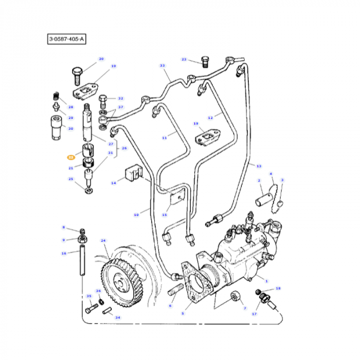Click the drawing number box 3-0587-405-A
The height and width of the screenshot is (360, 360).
pos(66,39)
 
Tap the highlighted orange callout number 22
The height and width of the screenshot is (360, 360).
pos(70,157)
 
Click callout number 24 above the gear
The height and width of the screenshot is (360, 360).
pos(103,241)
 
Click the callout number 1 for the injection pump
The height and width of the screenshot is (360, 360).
pos(266,280)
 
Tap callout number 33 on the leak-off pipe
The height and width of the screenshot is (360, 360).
pos(163,66)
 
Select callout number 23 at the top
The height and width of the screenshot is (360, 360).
pos(184,60)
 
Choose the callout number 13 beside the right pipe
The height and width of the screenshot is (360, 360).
pos(259,166)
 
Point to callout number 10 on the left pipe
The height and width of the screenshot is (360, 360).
pos(136,214)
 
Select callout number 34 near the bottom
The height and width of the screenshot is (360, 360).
pos(118,317)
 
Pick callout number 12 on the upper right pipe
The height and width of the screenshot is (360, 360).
pos(210,118)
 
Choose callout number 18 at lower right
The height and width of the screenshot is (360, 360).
pos(278,289)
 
